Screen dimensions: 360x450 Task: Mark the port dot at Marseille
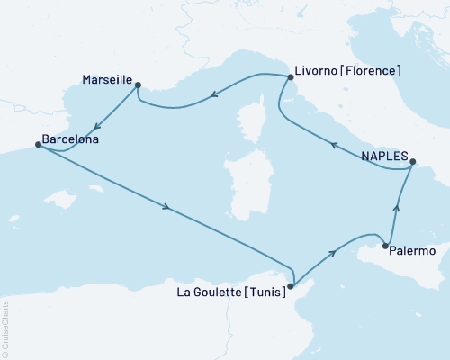138,85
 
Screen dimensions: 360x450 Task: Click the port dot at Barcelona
37,144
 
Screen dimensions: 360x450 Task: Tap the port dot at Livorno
290,77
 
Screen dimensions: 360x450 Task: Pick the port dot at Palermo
385,246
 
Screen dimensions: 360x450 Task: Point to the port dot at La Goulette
290,287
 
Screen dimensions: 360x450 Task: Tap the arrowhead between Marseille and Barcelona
98,121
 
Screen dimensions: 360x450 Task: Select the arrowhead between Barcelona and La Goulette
166,208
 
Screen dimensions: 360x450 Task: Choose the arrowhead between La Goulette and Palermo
335,253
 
